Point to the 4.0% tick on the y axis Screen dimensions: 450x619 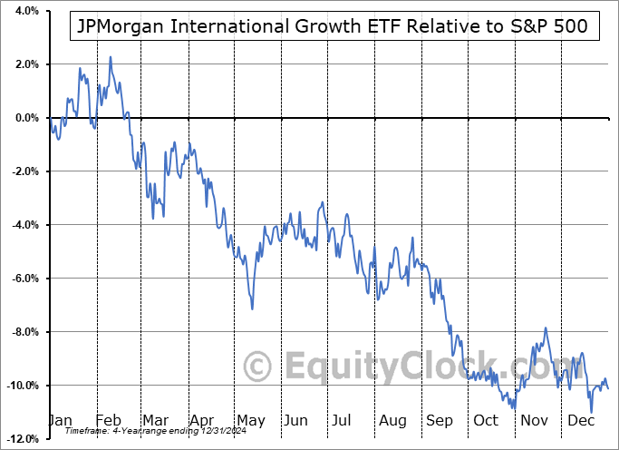point(25,12)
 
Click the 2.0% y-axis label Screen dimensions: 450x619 point(25,64)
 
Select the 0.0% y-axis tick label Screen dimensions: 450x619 point(25,118)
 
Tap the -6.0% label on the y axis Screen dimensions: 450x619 point(24,279)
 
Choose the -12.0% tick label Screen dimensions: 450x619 point(22,439)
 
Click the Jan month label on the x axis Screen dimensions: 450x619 point(59,421)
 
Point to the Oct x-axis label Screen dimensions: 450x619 point(486,421)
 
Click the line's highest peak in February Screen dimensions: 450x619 point(111,57)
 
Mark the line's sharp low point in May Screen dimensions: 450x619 point(252,309)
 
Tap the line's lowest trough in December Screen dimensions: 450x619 point(592,413)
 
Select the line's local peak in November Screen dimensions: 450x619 point(546,328)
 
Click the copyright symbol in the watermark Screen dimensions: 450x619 point(259,367)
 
